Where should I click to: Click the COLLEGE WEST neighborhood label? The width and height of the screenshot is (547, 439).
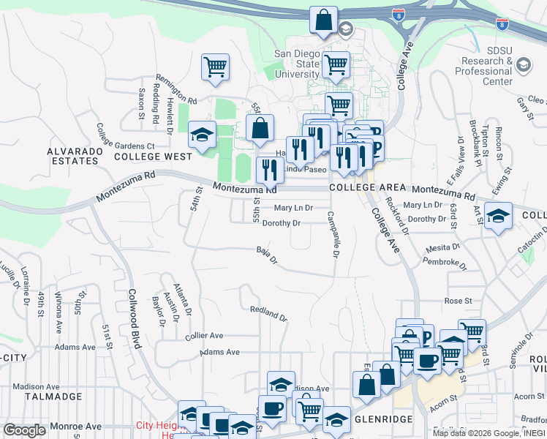pos(152,157)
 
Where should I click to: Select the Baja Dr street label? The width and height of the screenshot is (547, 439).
pos(268,255)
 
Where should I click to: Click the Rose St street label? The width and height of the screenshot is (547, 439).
pos(458,301)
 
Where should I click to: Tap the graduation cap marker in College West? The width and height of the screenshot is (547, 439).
pos(203,135)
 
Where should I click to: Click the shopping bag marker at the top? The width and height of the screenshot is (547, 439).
pos(323,20)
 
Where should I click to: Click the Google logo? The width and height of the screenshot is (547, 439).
pos(25,430)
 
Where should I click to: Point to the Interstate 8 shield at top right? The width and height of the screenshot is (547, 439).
pos(502,23)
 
